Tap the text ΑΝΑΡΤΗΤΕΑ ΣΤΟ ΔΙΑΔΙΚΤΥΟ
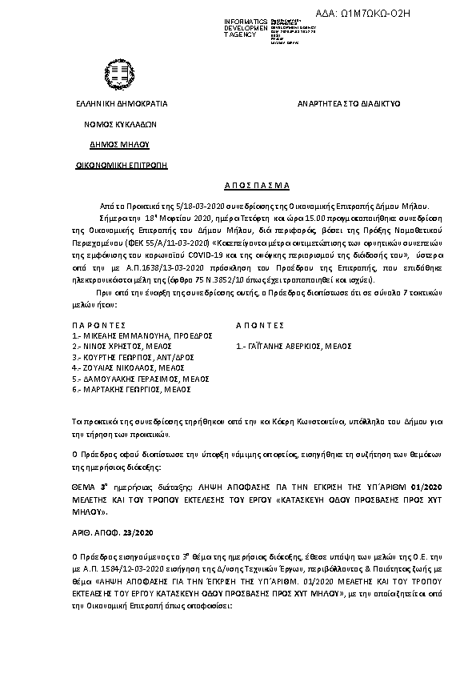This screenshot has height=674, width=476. (349, 104)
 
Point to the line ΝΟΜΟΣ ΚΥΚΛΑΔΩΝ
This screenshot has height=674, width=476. (121, 125)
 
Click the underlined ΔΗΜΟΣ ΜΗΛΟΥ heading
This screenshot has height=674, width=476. (121, 145)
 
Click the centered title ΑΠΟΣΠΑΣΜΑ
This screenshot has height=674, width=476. (238, 183)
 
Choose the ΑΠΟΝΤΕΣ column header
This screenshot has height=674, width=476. (261, 326)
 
